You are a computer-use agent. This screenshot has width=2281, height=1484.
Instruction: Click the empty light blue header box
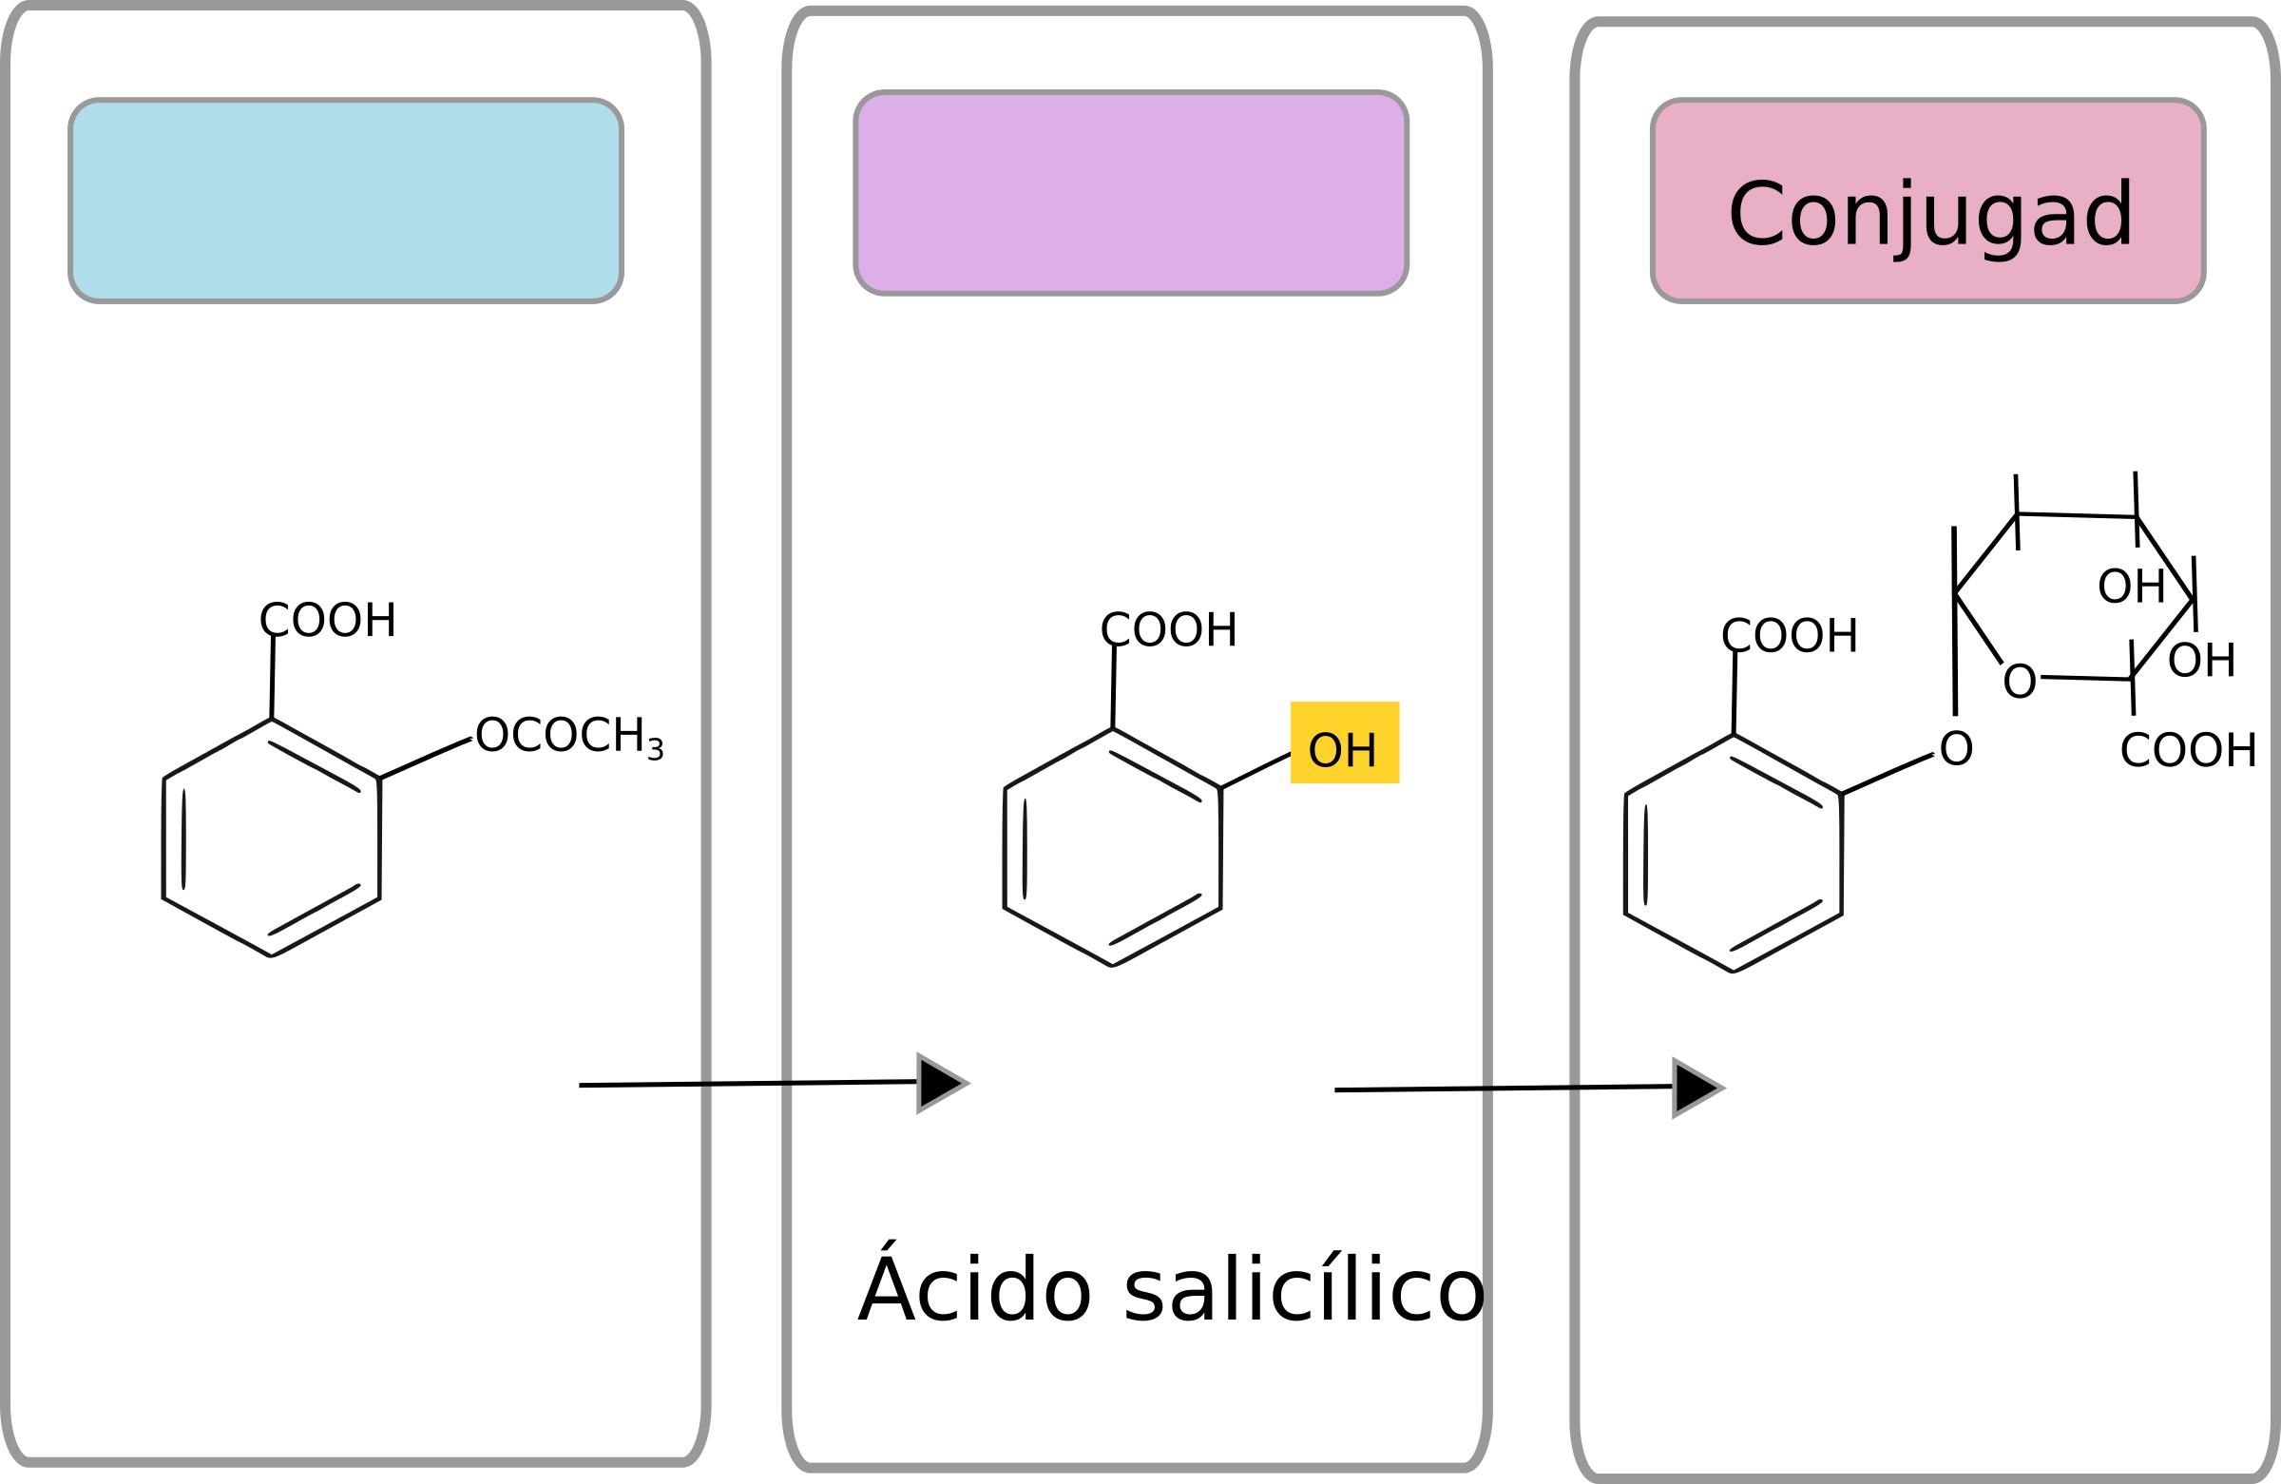coord(346,201)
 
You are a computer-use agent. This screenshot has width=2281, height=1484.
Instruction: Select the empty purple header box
coord(1131,193)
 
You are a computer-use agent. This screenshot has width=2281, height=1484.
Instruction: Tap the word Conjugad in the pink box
coord(1930,215)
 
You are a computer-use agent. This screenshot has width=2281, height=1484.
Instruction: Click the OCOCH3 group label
coord(568,736)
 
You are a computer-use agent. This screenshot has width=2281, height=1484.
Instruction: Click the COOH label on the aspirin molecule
coord(328,620)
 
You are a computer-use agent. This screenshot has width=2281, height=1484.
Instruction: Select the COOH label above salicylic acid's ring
coord(1168,630)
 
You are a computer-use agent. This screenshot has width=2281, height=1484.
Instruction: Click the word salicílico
coord(1303,1291)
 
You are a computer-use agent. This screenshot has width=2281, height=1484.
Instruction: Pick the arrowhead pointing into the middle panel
coord(939,1083)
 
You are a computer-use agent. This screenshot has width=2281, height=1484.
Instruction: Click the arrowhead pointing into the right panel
coord(1696,1089)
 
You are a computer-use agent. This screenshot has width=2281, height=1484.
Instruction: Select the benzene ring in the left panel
coord(271,838)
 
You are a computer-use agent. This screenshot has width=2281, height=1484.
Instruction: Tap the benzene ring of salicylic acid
coord(1112,847)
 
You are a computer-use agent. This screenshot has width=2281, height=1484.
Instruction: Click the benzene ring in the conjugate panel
coord(1733,853)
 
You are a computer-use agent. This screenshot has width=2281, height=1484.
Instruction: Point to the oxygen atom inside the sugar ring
coord(2020,682)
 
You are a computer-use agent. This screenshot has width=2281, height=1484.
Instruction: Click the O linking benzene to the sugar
coord(1956,749)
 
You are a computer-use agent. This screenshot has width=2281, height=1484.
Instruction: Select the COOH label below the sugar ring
coord(2188,751)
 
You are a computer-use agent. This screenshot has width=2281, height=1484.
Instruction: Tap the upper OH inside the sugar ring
coord(2132,587)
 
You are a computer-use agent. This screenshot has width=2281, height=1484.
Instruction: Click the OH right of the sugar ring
coord(2201,661)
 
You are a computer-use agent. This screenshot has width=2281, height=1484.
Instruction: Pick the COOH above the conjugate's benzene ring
coord(1790,636)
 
